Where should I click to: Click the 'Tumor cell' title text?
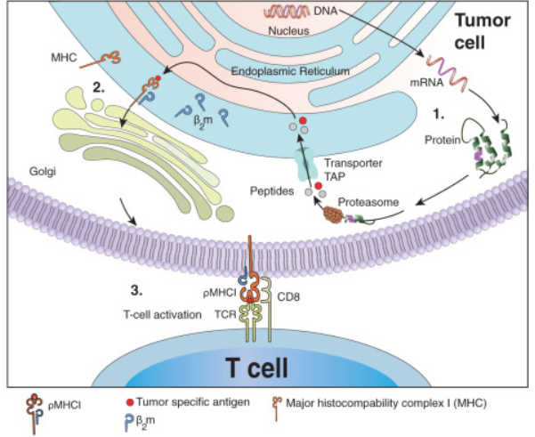pyautogui.click(x=480, y=33)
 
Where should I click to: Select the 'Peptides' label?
pyautogui.click(x=269, y=189)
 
